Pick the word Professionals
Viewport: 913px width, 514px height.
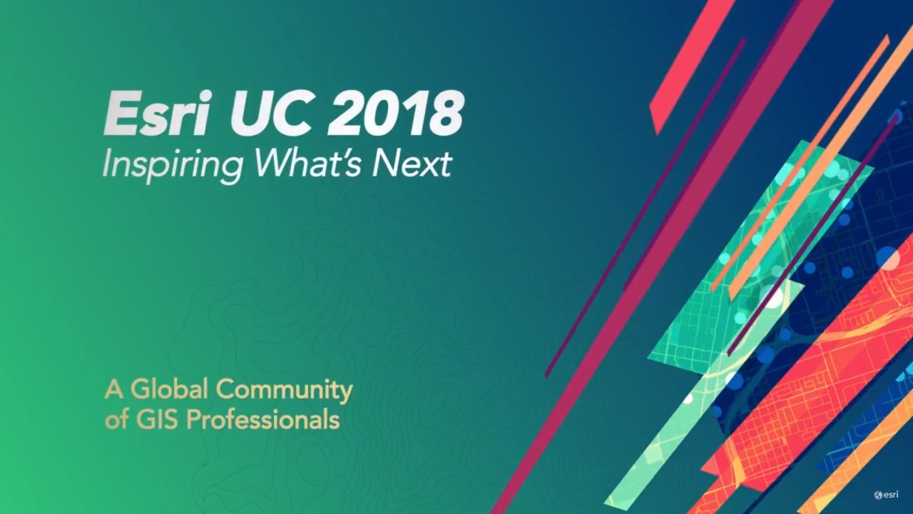click(x=263, y=419)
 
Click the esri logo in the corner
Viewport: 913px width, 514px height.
click(x=886, y=495)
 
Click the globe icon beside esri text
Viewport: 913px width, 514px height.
click(x=878, y=495)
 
